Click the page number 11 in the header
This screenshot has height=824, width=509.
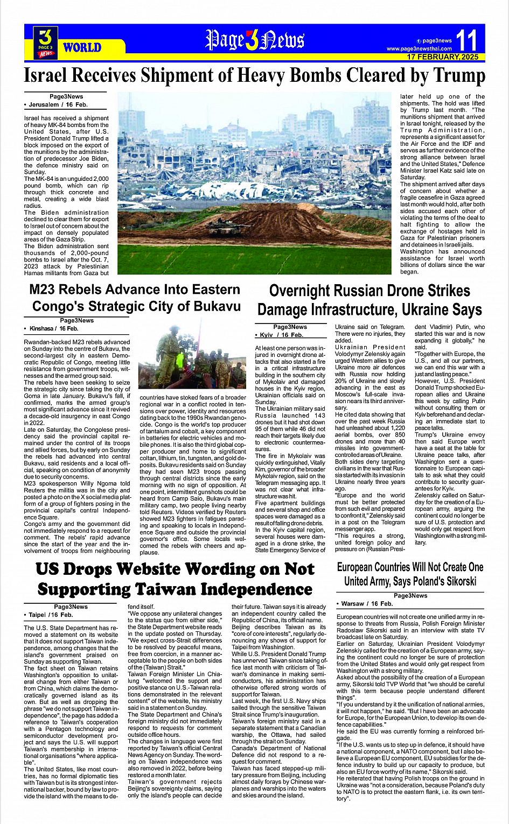coord(466,40)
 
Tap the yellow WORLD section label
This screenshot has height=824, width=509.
coord(82,47)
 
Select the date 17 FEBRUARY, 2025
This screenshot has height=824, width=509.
coord(442,57)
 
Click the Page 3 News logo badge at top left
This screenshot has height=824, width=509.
coord(46,43)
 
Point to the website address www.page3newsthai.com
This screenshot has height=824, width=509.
coord(419,49)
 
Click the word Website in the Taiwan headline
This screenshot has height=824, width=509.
coord(157,569)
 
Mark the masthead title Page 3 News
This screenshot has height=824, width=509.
coord(254,40)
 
